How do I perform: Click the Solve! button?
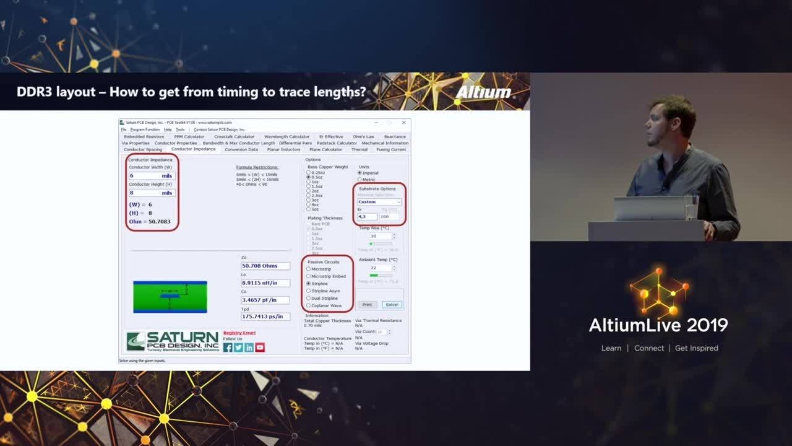point(392,305)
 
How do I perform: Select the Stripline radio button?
point(309,284)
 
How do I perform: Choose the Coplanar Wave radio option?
point(309,305)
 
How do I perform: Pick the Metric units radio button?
point(360,180)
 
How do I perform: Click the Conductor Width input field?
point(151,176)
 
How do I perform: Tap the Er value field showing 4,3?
point(367,217)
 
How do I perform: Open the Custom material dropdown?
point(379,202)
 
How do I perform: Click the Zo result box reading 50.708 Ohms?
point(265,266)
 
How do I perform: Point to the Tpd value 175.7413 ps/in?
point(265,317)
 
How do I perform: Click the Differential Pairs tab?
point(295,143)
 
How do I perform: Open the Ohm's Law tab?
point(363,137)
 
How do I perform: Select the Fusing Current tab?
point(391,149)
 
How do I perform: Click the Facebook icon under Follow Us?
point(228,348)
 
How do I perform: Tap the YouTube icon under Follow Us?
point(260,348)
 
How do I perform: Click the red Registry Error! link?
point(239,333)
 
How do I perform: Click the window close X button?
point(403,123)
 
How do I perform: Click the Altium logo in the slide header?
point(484,92)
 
